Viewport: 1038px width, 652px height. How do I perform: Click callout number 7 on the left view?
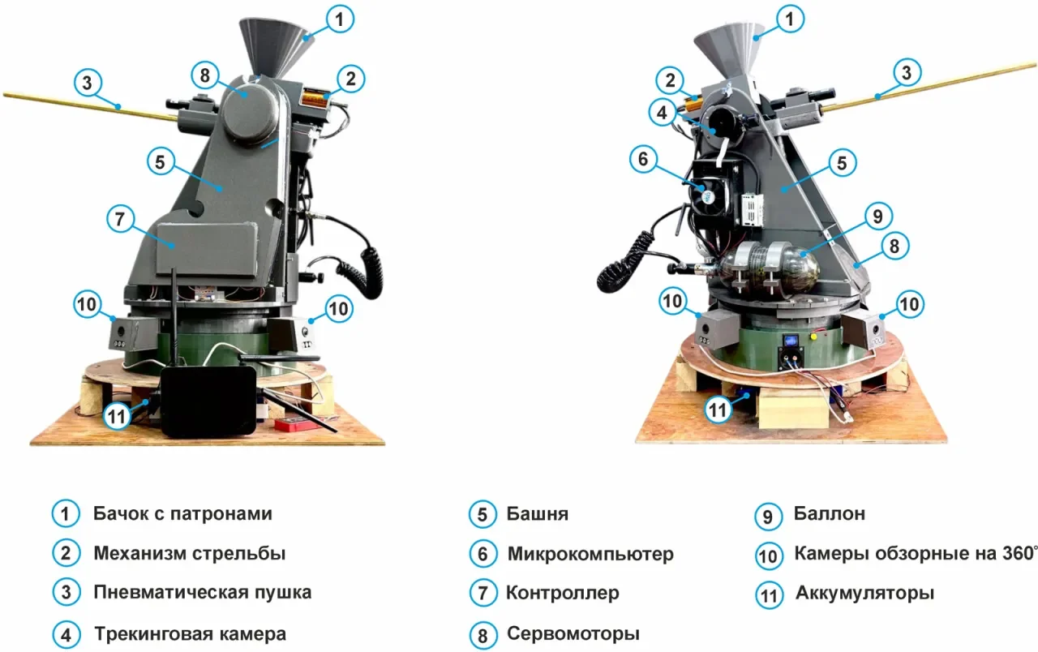120,219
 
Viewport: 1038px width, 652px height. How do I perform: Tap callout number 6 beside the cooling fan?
643,159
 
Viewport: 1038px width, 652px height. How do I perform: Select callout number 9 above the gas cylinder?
877,216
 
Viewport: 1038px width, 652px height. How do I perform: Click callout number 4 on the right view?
663,113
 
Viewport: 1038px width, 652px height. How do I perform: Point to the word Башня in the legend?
537,514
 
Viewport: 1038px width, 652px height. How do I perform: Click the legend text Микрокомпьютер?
590,554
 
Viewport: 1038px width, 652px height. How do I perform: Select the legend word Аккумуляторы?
864,593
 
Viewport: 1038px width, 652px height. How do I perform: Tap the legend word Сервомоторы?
573,633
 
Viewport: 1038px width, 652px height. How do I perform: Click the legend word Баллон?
829,514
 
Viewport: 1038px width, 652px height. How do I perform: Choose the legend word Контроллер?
562,593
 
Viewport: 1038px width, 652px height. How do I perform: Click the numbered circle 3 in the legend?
66,592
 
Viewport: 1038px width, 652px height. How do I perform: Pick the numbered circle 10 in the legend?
768,555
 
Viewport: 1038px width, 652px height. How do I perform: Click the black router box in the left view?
208,401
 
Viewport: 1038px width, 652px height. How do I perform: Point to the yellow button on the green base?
813,336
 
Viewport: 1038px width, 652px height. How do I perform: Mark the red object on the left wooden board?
290,423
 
